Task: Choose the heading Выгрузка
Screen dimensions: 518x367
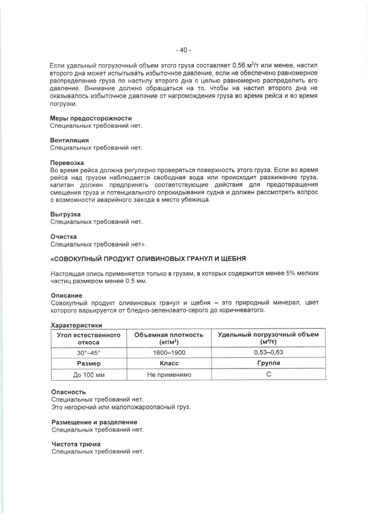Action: point(65,214)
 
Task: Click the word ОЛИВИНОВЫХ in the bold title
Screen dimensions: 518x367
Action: point(158,259)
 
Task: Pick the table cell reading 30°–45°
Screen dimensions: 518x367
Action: point(89,353)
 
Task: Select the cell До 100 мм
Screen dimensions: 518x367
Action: point(89,375)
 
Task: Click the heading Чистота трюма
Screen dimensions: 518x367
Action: point(76,444)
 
